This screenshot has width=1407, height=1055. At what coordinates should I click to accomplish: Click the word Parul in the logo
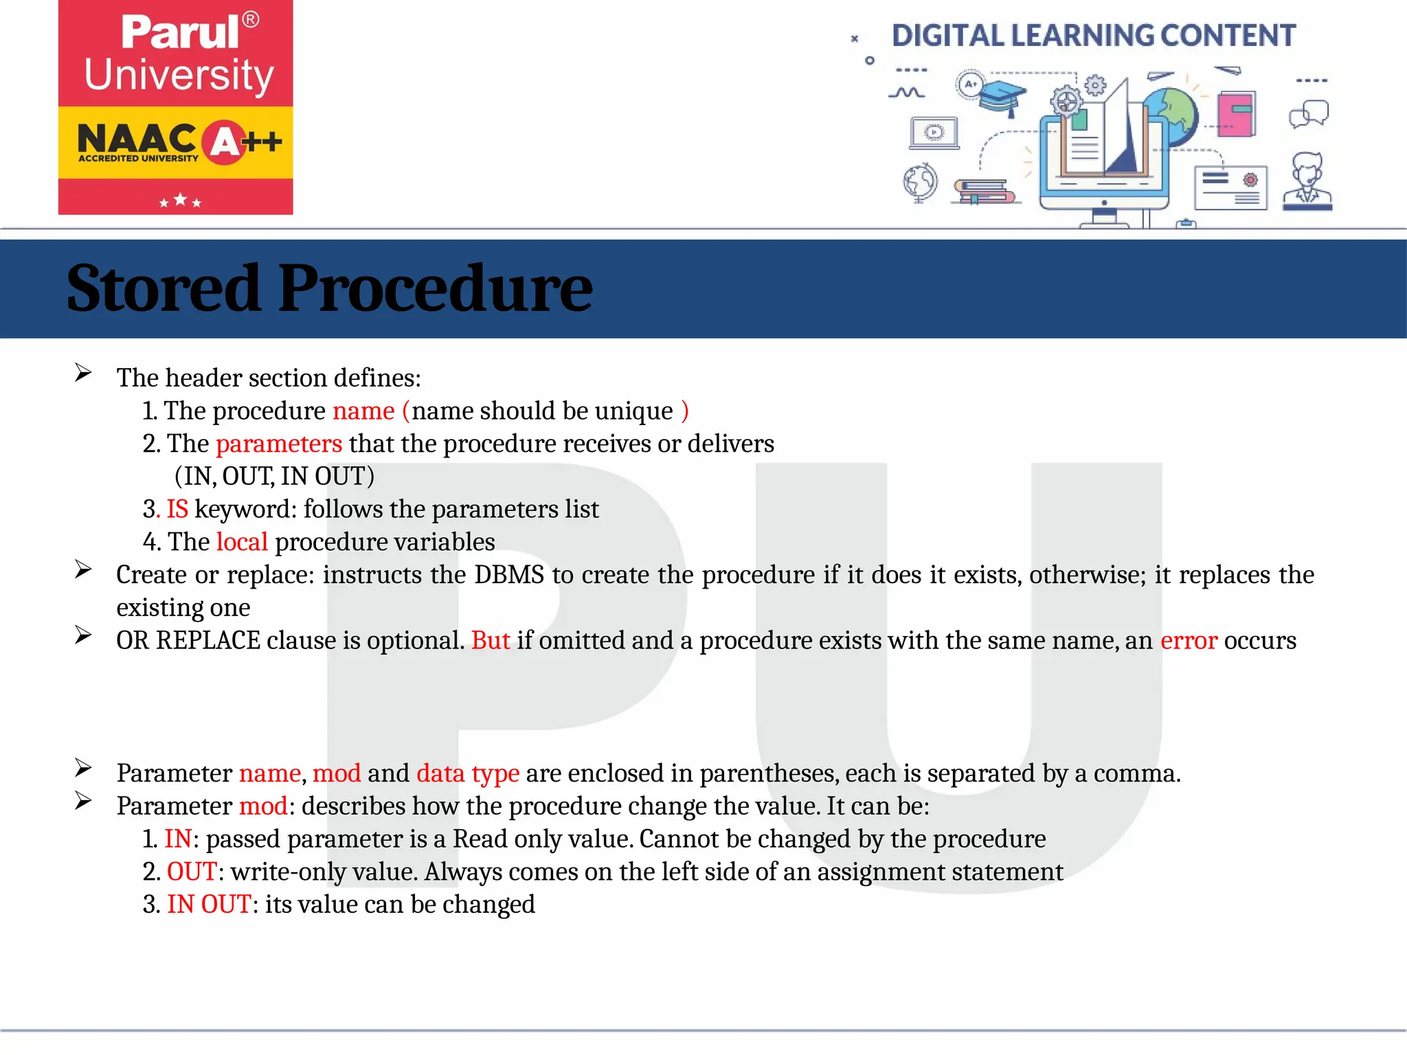pyautogui.click(x=180, y=32)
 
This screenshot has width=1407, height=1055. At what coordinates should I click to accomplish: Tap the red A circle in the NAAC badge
pyautogui.click(x=225, y=142)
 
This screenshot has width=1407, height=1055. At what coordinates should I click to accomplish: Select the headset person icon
pyautogui.click(x=1307, y=181)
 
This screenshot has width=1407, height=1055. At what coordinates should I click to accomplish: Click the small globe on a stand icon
pyautogui.click(x=920, y=183)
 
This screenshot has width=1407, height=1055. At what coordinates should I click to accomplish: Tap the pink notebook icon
pyautogui.click(x=1236, y=114)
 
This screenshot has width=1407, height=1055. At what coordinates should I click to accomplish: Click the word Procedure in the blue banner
pyautogui.click(x=434, y=288)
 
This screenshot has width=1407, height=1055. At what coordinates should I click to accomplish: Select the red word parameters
pyautogui.click(x=278, y=444)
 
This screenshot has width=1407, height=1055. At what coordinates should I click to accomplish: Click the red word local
pyautogui.click(x=242, y=542)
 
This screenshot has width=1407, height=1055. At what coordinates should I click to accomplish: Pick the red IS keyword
pyautogui.click(x=177, y=509)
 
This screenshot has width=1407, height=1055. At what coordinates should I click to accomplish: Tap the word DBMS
pyautogui.click(x=508, y=575)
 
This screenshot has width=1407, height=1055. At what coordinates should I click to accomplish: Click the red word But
pyautogui.click(x=491, y=640)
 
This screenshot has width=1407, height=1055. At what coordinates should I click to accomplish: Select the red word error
pyautogui.click(x=1189, y=640)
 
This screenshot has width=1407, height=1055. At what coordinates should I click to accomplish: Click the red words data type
pyautogui.click(x=467, y=773)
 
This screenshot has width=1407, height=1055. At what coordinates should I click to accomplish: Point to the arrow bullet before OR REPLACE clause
pyautogui.click(x=83, y=635)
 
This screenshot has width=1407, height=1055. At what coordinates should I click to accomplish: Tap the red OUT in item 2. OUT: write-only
pyautogui.click(x=192, y=872)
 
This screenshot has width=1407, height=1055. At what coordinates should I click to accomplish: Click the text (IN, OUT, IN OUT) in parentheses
pyautogui.click(x=274, y=476)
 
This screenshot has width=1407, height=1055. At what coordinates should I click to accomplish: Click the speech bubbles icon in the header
pyautogui.click(x=1309, y=114)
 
